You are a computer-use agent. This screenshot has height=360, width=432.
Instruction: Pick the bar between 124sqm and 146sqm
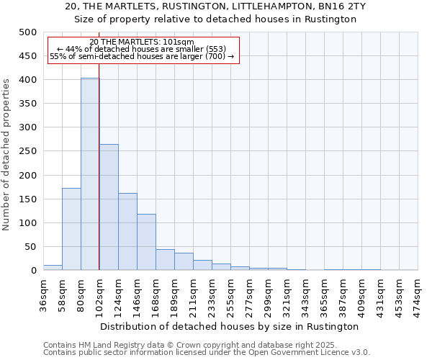pos(127,232)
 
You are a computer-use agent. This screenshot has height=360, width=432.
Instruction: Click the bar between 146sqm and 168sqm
pos(146,242)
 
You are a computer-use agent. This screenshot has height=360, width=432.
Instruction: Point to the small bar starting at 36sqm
pos(53,267)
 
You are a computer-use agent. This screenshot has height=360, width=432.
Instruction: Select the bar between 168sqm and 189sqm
pos(165,260)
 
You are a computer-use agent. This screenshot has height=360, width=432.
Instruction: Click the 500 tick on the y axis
pos(27,32)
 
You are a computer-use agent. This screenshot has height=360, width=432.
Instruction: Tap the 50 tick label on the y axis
pos(30,247)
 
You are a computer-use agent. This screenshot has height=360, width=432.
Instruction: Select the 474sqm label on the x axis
pos(418,295)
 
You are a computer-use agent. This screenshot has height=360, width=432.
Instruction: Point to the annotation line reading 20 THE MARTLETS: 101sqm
pos(142,42)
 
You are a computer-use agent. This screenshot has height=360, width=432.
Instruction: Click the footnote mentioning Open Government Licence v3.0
pos(207,353)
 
